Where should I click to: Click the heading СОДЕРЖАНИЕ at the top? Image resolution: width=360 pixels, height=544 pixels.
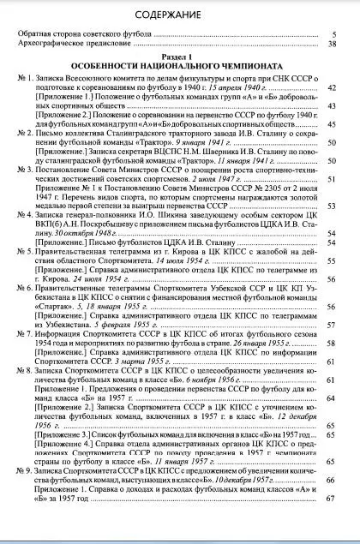pos(180,15)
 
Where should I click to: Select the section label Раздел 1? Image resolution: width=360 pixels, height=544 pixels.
pos(180,57)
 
